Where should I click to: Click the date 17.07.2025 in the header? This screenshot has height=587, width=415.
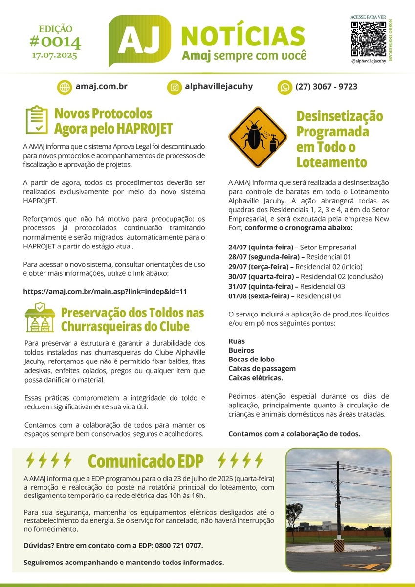55,55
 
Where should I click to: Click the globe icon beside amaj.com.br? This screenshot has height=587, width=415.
65,87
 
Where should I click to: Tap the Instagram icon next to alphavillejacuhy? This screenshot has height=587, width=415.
174,87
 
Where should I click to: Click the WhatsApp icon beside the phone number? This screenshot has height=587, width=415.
284,87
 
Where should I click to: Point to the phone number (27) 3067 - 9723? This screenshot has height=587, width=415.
326,87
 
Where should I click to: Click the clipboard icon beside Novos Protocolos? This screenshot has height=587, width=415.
36,120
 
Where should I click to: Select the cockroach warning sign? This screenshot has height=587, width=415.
258,137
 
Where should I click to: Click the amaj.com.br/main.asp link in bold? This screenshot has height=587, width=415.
105,291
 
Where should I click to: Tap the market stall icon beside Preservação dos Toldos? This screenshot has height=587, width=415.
40,317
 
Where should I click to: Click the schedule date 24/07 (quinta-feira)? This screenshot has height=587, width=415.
261,247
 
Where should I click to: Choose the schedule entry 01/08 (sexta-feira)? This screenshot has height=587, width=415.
260,296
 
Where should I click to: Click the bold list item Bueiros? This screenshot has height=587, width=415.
241,350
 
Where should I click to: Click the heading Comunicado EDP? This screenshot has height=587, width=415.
146,461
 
